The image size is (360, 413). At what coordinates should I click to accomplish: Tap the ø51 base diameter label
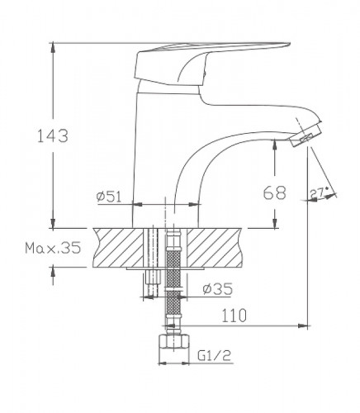(109, 196)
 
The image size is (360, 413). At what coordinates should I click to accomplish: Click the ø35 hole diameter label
(216, 288)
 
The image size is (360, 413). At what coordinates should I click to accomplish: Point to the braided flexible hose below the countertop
(173, 281)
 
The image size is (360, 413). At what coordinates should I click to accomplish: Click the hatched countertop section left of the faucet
(120, 246)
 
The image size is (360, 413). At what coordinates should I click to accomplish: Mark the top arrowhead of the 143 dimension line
(54, 45)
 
